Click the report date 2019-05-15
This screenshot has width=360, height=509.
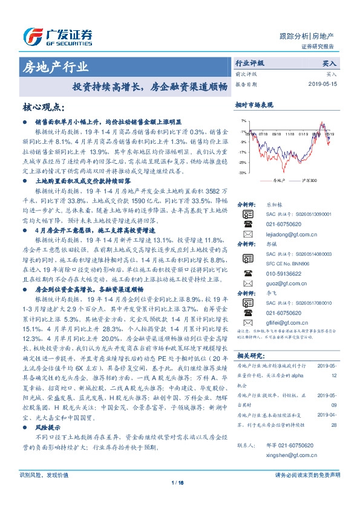click(x=324, y=84)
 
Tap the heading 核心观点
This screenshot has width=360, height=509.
click(x=42, y=108)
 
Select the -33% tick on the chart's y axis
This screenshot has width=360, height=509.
click(x=242, y=173)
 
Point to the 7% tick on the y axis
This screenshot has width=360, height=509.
click(x=243, y=120)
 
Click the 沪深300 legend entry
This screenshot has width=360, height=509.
click(x=309, y=180)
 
